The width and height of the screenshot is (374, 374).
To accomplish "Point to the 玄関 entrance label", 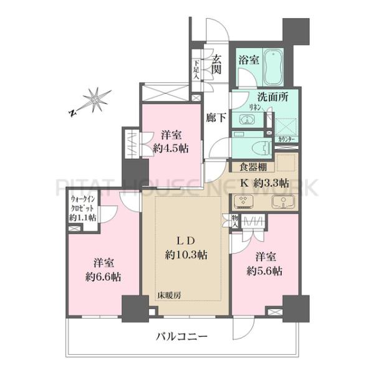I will coord(216,65).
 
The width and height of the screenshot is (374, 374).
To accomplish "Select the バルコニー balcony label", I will coord(181,337).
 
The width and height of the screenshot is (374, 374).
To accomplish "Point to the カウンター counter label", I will coord(287,139).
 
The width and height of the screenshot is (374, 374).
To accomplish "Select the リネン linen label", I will coord(239,107).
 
